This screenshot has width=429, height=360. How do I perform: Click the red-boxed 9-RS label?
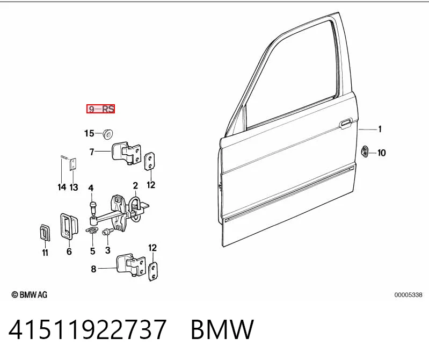[x=100, y=109]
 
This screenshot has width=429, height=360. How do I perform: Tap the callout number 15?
[x=89, y=133]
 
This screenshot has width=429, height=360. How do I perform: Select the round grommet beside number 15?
[x=108, y=134]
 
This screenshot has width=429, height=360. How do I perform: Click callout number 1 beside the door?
[x=380, y=129]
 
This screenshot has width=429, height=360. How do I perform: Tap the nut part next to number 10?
[x=365, y=152]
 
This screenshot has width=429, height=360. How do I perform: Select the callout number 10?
[x=381, y=153]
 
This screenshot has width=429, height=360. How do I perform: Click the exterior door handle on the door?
[x=346, y=124]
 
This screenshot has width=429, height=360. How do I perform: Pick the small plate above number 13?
[x=72, y=164]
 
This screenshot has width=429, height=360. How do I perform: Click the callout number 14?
[x=62, y=188]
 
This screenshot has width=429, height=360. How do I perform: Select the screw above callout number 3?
[x=107, y=233]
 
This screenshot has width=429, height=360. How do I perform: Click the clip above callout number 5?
[x=92, y=231]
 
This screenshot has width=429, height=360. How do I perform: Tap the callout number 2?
[x=135, y=185]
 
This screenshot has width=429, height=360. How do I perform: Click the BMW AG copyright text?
[x=30, y=294]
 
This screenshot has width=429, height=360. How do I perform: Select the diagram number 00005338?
[x=408, y=295]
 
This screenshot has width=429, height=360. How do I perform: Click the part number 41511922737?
[x=88, y=329]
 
